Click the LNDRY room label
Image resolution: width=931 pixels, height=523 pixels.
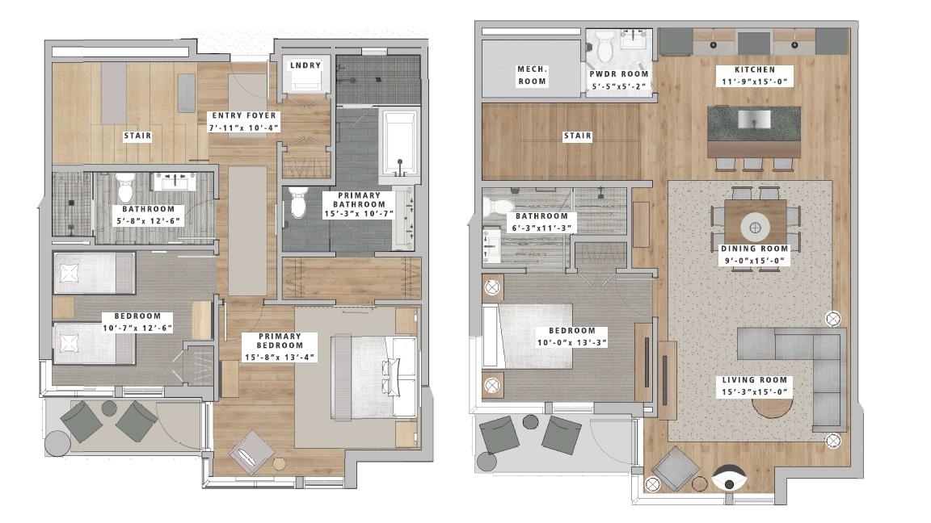click(x=305, y=65)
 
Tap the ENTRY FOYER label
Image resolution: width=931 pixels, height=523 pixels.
click(x=244, y=115)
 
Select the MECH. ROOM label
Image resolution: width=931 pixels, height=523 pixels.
click(x=532, y=75)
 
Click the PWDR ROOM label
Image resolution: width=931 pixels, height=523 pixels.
click(x=619, y=74)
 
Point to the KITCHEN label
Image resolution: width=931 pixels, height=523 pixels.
click(x=755, y=69)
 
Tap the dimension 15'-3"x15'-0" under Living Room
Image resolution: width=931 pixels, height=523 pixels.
click(x=754, y=392)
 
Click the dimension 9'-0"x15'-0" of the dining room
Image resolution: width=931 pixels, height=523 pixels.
click(x=754, y=261)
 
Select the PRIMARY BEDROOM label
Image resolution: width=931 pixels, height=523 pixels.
click(x=280, y=341)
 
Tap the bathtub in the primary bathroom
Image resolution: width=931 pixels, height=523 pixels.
click(x=399, y=143)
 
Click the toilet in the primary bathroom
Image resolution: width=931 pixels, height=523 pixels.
click(x=298, y=203)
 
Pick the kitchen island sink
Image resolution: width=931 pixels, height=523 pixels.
click(x=754, y=119)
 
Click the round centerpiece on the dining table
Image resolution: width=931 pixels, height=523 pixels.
click(x=756, y=227)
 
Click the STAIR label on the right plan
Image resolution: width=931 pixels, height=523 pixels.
click(x=577, y=136)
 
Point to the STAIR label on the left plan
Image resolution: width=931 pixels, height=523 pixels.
click(x=137, y=136)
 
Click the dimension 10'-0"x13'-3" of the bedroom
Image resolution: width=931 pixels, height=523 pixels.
click(x=572, y=342)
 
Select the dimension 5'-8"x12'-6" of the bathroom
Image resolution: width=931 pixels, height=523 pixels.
click(x=149, y=220)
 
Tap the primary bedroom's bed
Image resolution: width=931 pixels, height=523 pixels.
click(x=375, y=378)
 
